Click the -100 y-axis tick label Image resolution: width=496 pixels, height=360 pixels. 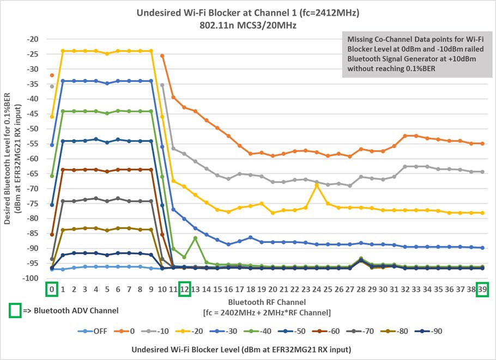click(x=29, y=278)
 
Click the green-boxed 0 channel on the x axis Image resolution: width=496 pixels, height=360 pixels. click(x=52, y=290)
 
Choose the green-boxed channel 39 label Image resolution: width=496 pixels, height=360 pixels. click(x=482, y=290)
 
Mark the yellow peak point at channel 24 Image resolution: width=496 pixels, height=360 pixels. click(x=317, y=185)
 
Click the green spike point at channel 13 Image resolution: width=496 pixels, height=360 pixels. click(x=195, y=238)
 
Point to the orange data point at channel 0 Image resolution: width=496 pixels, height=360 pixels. click(x=52, y=75)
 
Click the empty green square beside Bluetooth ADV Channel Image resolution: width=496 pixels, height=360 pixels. click(x=15, y=310)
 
